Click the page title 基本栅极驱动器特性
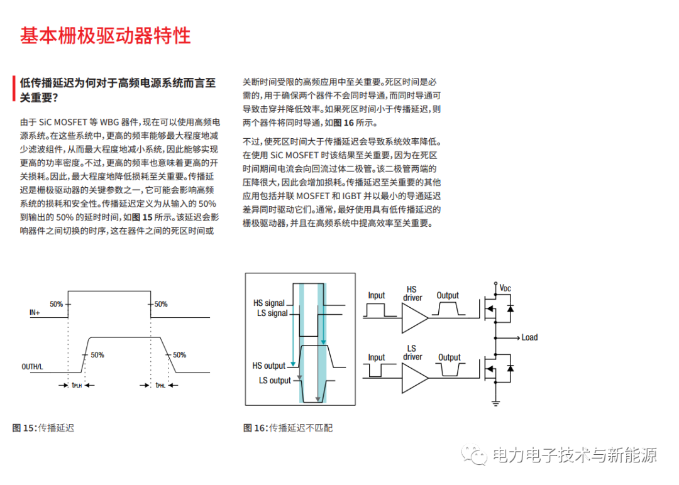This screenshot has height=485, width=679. click(x=105, y=35)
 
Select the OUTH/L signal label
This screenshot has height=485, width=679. click(x=33, y=366)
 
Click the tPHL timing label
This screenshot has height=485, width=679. click(x=161, y=385)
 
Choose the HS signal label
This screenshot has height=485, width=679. click(x=269, y=303)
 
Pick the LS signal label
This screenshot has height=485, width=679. click(x=272, y=313)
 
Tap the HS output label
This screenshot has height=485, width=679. click(x=268, y=366)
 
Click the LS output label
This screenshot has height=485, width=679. click(x=275, y=380)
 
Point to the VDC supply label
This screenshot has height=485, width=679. click(x=505, y=288)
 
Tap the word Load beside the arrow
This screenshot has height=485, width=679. click(x=529, y=337)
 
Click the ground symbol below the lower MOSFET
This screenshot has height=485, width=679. click(x=496, y=402)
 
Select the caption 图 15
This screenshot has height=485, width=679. click(x=25, y=428)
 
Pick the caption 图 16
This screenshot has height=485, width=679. click(x=255, y=428)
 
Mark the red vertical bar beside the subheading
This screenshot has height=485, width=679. click(x=13, y=89)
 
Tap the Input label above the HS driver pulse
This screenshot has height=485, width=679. click(x=377, y=295)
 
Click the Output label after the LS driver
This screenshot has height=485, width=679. click(x=449, y=357)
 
